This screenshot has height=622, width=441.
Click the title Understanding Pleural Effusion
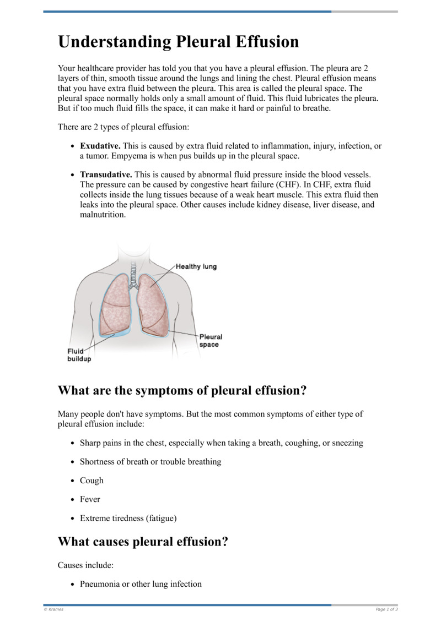coord(179,42)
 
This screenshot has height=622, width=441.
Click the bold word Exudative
coord(100,146)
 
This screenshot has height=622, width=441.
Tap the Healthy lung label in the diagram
coord(196,266)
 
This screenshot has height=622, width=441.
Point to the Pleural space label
coord(211,341)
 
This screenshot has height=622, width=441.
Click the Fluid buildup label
coord(79,355)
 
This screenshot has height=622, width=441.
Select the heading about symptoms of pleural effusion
coord(182,391)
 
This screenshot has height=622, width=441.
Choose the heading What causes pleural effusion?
coord(143,542)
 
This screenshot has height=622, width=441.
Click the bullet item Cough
coord(92,481)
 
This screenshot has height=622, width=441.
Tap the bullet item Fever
coord(90,499)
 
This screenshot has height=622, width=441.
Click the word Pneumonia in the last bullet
coord(100,583)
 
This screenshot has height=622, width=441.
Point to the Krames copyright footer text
coord(53,609)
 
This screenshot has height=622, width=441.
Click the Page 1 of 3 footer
coord(386,609)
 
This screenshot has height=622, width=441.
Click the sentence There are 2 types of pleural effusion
coord(123,127)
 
